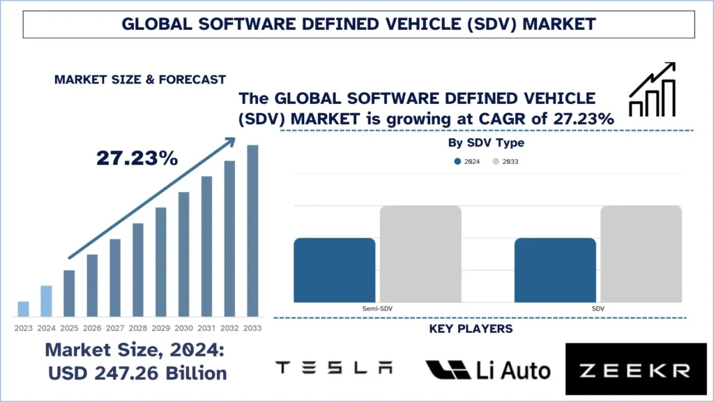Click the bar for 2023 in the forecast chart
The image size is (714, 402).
[23, 308]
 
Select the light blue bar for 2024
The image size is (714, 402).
[46, 301]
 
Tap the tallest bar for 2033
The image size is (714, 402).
[252, 230]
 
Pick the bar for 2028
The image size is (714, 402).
[137, 269]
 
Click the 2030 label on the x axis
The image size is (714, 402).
[183, 328]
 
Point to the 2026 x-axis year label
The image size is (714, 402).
[92, 328]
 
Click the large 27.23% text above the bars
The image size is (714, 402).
[137, 158]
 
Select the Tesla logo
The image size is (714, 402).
[334, 368]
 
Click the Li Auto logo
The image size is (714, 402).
[487, 369]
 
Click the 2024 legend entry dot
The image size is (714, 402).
[457, 161]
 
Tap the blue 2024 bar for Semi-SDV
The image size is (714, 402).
[334, 270]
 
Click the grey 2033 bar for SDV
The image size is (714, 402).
[641, 254]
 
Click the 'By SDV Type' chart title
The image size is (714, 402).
[485, 143]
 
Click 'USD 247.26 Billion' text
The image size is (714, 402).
[137, 373]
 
